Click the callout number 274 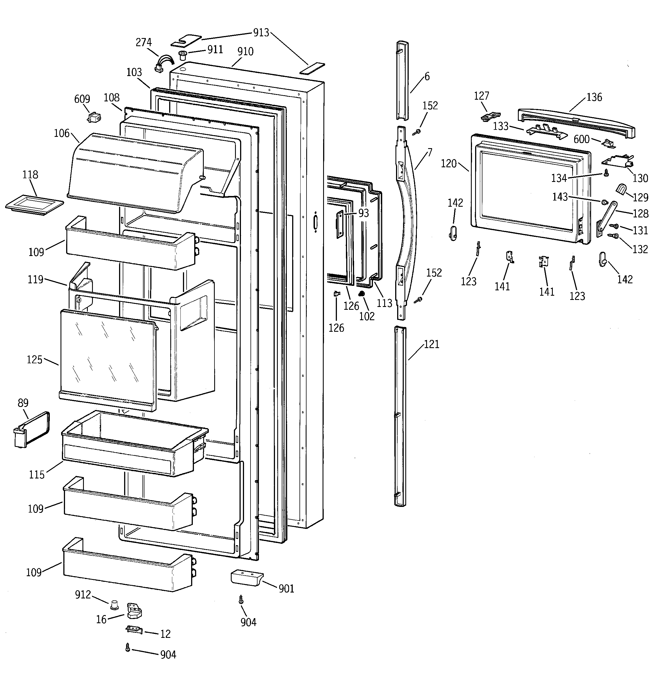click(144, 43)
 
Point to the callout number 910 click(245, 52)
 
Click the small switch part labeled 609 click(93, 117)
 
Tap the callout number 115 click(37, 475)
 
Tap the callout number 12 click(166, 634)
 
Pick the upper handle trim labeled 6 click(402, 81)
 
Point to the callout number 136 click(594, 97)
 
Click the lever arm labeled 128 click(606, 217)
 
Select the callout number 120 click(449, 164)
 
